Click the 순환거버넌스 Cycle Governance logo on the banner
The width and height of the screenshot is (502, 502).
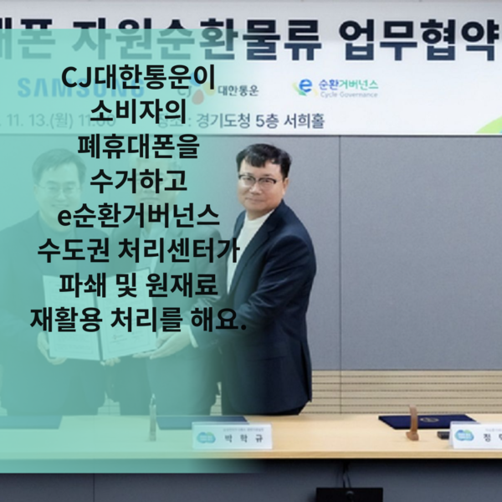point(335,86)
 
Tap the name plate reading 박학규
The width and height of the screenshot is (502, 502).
point(232,436)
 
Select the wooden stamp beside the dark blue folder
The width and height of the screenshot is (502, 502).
point(412,423)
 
